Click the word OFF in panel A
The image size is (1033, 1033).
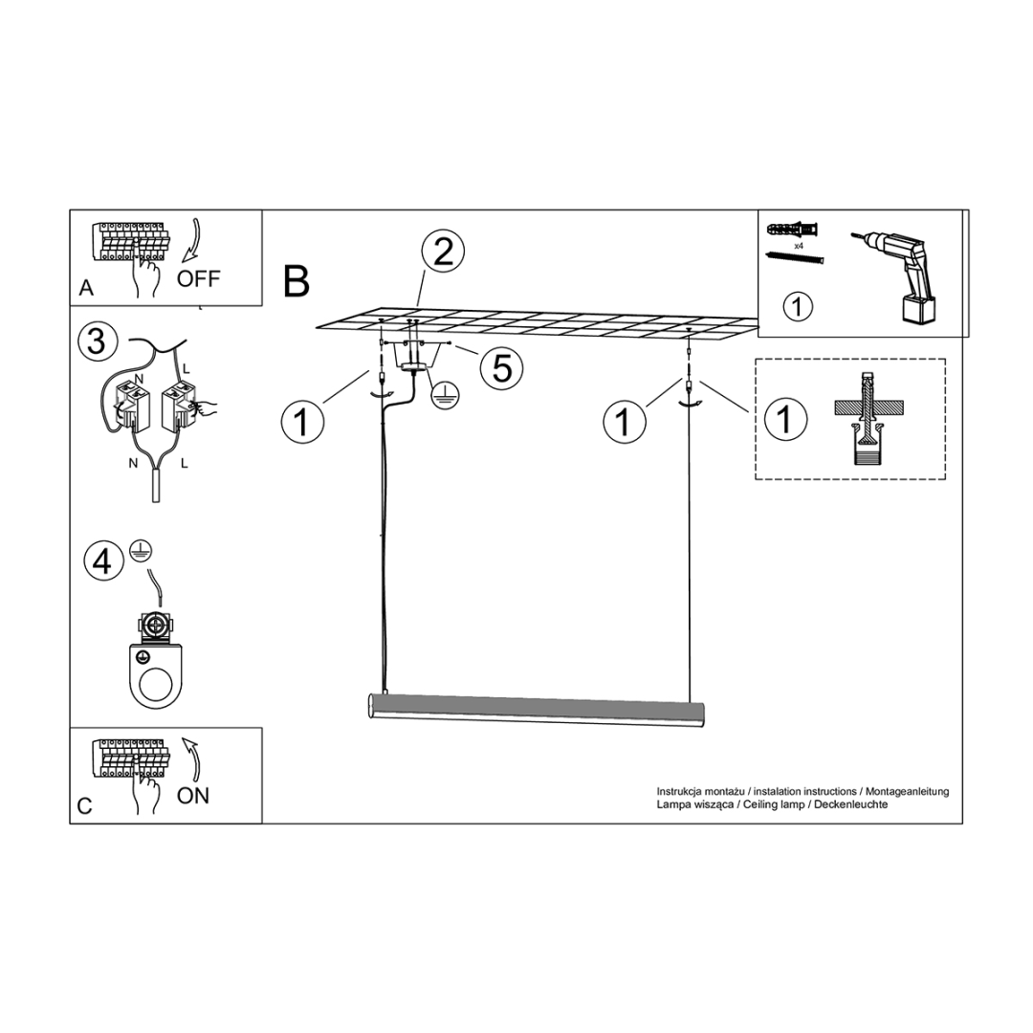click(x=198, y=278)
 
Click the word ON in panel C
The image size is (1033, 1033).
click(x=193, y=795)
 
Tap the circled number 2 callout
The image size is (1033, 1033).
click(x=442, y=253)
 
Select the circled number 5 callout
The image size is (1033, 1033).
click(x=502, y=367)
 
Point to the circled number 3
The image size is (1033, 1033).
click(x=97, y=341)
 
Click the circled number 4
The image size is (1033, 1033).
click(x=103, y=560)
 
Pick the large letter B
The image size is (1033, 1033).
click(x=297, y=281)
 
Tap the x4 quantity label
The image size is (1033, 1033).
click(x=798, y=246)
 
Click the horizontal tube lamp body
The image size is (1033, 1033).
click(x=536, y=710)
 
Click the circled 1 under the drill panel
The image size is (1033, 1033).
click(x=797, y=308)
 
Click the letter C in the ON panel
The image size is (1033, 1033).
click(x=85, y=806)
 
